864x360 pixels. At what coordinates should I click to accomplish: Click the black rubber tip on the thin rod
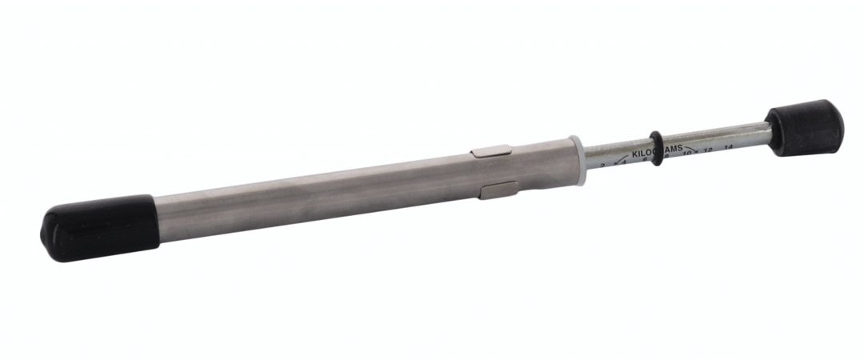(x=805, y=128)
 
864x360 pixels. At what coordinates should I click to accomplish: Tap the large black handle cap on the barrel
(x=100, y=227)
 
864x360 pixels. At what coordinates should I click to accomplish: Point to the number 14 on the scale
(x=728, y=147)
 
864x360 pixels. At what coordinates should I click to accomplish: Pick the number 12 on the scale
(x=708, y=150)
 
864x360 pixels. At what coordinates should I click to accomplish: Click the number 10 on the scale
(x=688, y=153)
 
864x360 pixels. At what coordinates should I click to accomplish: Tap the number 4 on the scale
(x=624, y=162)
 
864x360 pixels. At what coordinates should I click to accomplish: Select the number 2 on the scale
(x=602, y=166)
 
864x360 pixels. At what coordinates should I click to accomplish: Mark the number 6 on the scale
(x=645, y=159)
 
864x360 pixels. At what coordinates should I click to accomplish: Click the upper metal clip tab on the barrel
(x=490, y=151)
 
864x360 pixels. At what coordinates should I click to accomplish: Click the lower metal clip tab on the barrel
(x=498, y=190)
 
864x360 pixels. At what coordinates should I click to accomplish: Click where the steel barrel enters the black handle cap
(x=155, y=216)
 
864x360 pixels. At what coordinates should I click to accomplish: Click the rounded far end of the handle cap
(x=46, y=237)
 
